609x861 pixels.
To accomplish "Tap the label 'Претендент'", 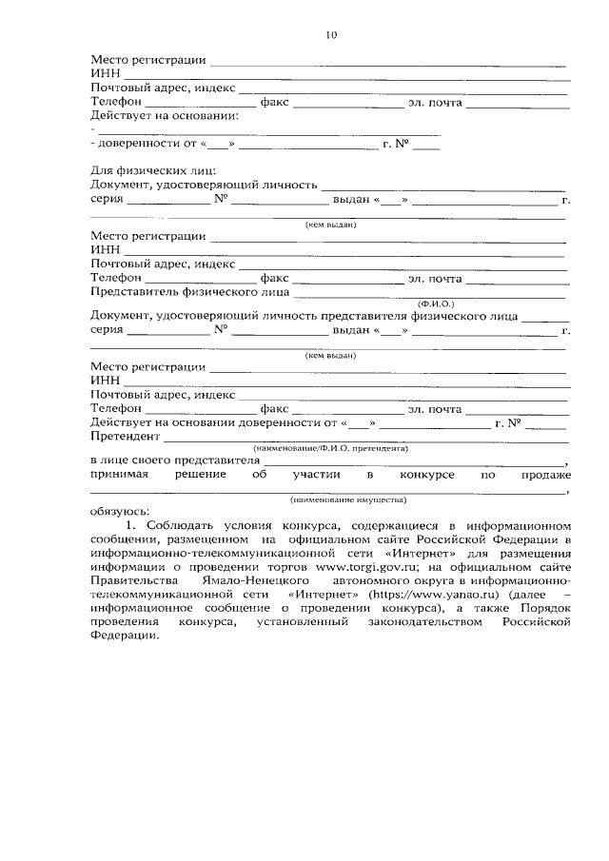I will click(x=125, y=438).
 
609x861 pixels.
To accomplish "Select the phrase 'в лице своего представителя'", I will click(x=174, y=460).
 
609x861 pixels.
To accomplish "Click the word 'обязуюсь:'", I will click(x=121, y=510).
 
